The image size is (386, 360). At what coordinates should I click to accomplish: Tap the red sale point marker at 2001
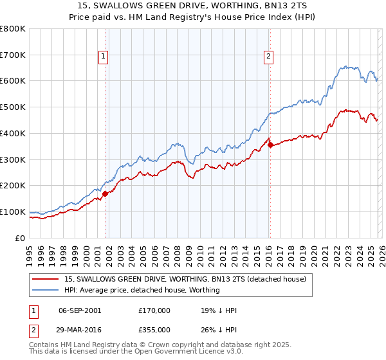(x=105, y=193)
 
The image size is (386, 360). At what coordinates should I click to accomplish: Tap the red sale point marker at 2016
(x=270, y=145)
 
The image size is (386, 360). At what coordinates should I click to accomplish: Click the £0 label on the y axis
(x=20, y=238)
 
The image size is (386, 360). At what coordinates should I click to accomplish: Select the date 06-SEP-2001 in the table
(x=80, y=310)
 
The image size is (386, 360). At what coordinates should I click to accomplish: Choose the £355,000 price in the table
(x=154, y=328)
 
